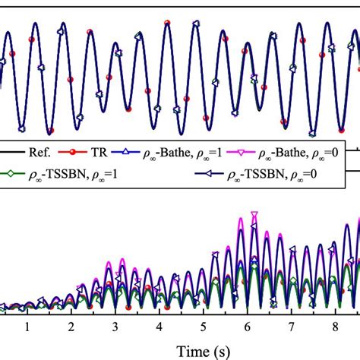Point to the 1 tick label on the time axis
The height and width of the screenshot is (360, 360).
point(27,326)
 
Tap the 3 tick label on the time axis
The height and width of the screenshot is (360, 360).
point(115,326)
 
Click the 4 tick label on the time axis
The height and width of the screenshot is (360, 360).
point(159,326)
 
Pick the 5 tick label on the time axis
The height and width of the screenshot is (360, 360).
point(204,326)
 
